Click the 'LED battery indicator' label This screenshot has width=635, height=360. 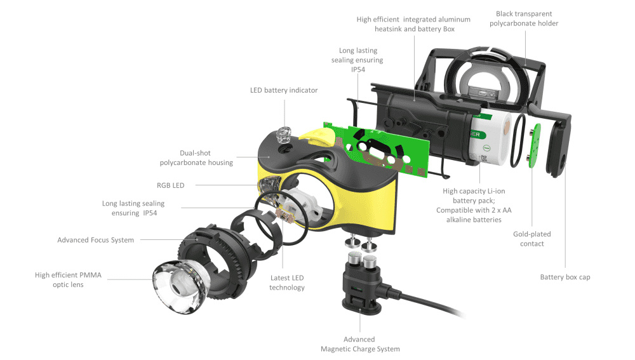(283, 90)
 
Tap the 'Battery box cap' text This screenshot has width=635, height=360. (565, 277)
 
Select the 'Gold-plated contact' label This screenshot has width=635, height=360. (532, 239)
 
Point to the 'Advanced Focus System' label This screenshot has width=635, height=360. (96, 240)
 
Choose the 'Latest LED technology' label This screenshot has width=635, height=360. (287, 283)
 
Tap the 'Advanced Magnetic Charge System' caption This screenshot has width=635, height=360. (360, 344)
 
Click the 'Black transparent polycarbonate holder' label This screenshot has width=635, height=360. (524, 18)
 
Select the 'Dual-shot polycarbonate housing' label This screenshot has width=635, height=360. (196, 158)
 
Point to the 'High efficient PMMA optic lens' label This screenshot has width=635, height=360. (68, 280)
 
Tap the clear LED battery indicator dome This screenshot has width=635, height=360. (283, 134)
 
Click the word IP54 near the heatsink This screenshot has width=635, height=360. (357, 70)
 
